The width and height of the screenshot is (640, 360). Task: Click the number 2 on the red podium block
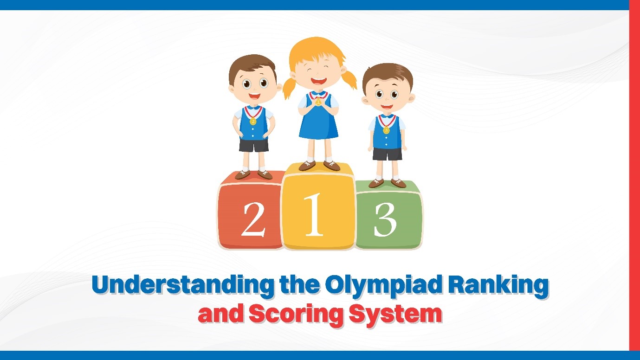point(253,219)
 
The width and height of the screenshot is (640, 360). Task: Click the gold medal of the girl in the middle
point(318,102)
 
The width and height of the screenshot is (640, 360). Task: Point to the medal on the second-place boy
point(253,122)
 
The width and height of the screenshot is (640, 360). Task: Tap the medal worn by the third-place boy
point(386,130)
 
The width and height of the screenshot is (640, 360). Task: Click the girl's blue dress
point(318,123)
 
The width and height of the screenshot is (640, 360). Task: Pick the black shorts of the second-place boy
point(254,145)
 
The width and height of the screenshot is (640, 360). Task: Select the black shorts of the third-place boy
point(387,154)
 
